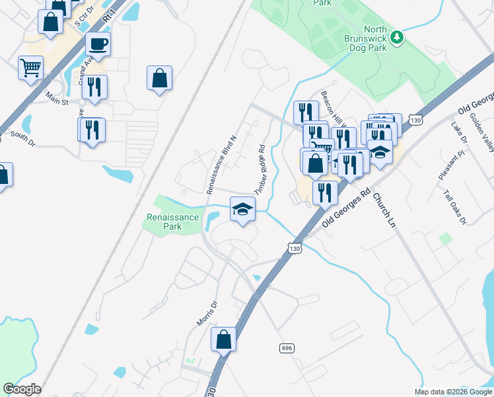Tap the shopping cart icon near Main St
pyautogui.click(x=30, y=67)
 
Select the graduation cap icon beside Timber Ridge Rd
pyautogui.click(x=242, y=210)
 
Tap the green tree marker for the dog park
pyautogui.click(x=397, y=37)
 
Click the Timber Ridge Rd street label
pyautogui.click(x=259, y=170)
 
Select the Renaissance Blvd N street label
pyautogui.click(x=221, y=165)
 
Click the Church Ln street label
pyautogui.click(x=382, y=206)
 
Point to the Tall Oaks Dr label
pyautogui.click(x=455, y=207)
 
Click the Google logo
pyautogui.click(x=22, y=389)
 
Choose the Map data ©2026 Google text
pyautogui.click(x=453, y=392)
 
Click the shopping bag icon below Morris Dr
pyautogui.click(x=224, y=340)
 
